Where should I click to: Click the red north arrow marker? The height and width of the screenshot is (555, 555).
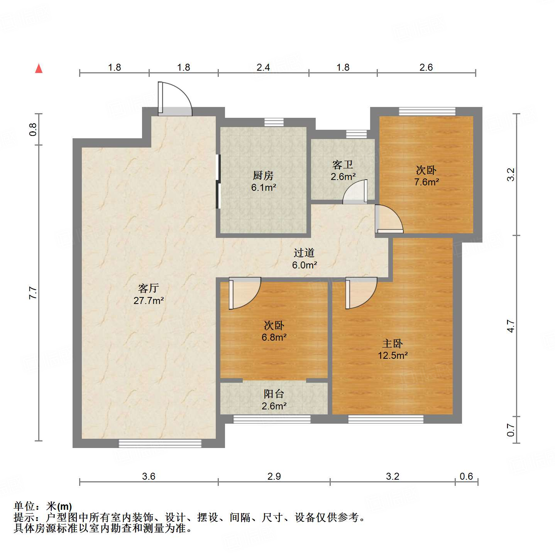point(39,68)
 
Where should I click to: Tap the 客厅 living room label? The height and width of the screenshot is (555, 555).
point(149,288)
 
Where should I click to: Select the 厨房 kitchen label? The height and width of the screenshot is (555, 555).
point(263,176)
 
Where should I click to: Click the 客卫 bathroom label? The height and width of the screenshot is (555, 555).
point(343,165)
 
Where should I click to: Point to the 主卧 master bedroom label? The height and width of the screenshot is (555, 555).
point(393,343)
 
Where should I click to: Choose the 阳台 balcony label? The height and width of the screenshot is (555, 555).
point(274,394)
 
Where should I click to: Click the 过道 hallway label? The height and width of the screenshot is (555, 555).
point(304,253)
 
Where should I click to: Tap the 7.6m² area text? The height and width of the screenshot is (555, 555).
point(426,182)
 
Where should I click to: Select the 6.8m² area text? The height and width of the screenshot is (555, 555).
point(274,337)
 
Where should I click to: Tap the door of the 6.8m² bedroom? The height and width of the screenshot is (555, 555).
point(245,293)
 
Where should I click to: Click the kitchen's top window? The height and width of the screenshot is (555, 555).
point(274,122)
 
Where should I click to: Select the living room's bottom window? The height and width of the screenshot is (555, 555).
point(160,443)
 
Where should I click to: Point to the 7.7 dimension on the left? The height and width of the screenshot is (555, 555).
point(33,293)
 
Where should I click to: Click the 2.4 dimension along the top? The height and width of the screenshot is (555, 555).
point(263,67)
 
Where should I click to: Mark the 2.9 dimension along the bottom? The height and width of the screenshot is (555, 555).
point(274,476)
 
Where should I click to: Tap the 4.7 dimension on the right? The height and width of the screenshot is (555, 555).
point(511,326)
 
